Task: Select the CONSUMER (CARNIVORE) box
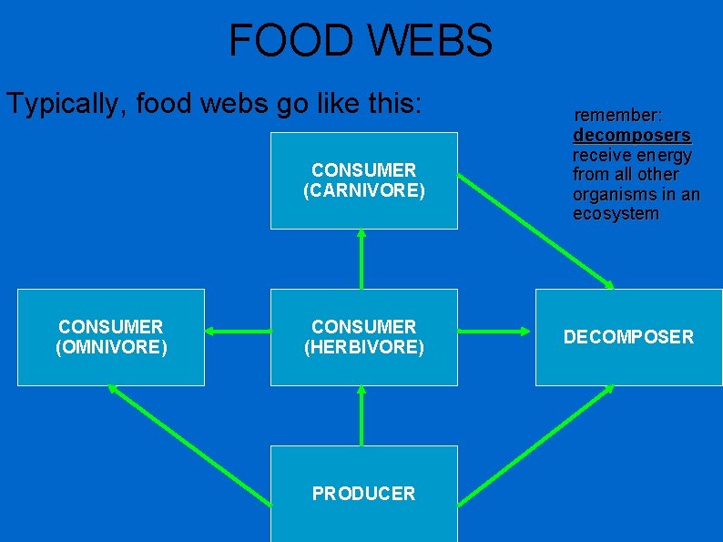click(363, 180)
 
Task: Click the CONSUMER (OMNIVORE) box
click(110, 337)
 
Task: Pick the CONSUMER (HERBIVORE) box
click(363, 337)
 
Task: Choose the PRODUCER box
click(363, 494)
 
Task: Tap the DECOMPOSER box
click(628, 337)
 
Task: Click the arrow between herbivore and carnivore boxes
click(361, 259)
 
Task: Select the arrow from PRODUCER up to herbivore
click(361, 415)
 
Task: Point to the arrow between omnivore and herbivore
click(237, 330)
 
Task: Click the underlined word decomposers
click(631, 136)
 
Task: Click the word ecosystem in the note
click(615, 214)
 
